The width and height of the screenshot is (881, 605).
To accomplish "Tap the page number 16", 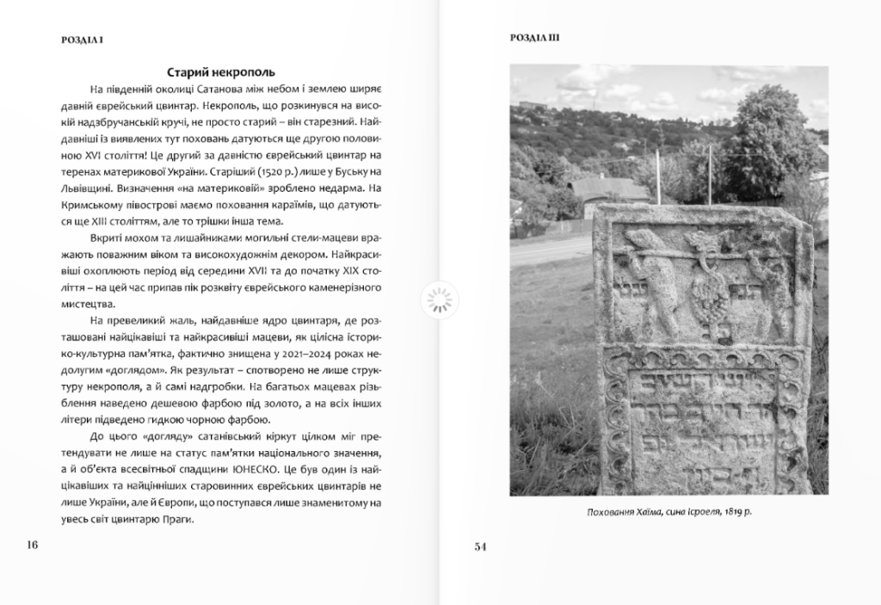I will coord(33,545).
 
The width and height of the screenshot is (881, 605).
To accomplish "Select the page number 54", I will coord(481,545).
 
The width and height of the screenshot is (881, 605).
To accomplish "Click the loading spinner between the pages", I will coord(440,300).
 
